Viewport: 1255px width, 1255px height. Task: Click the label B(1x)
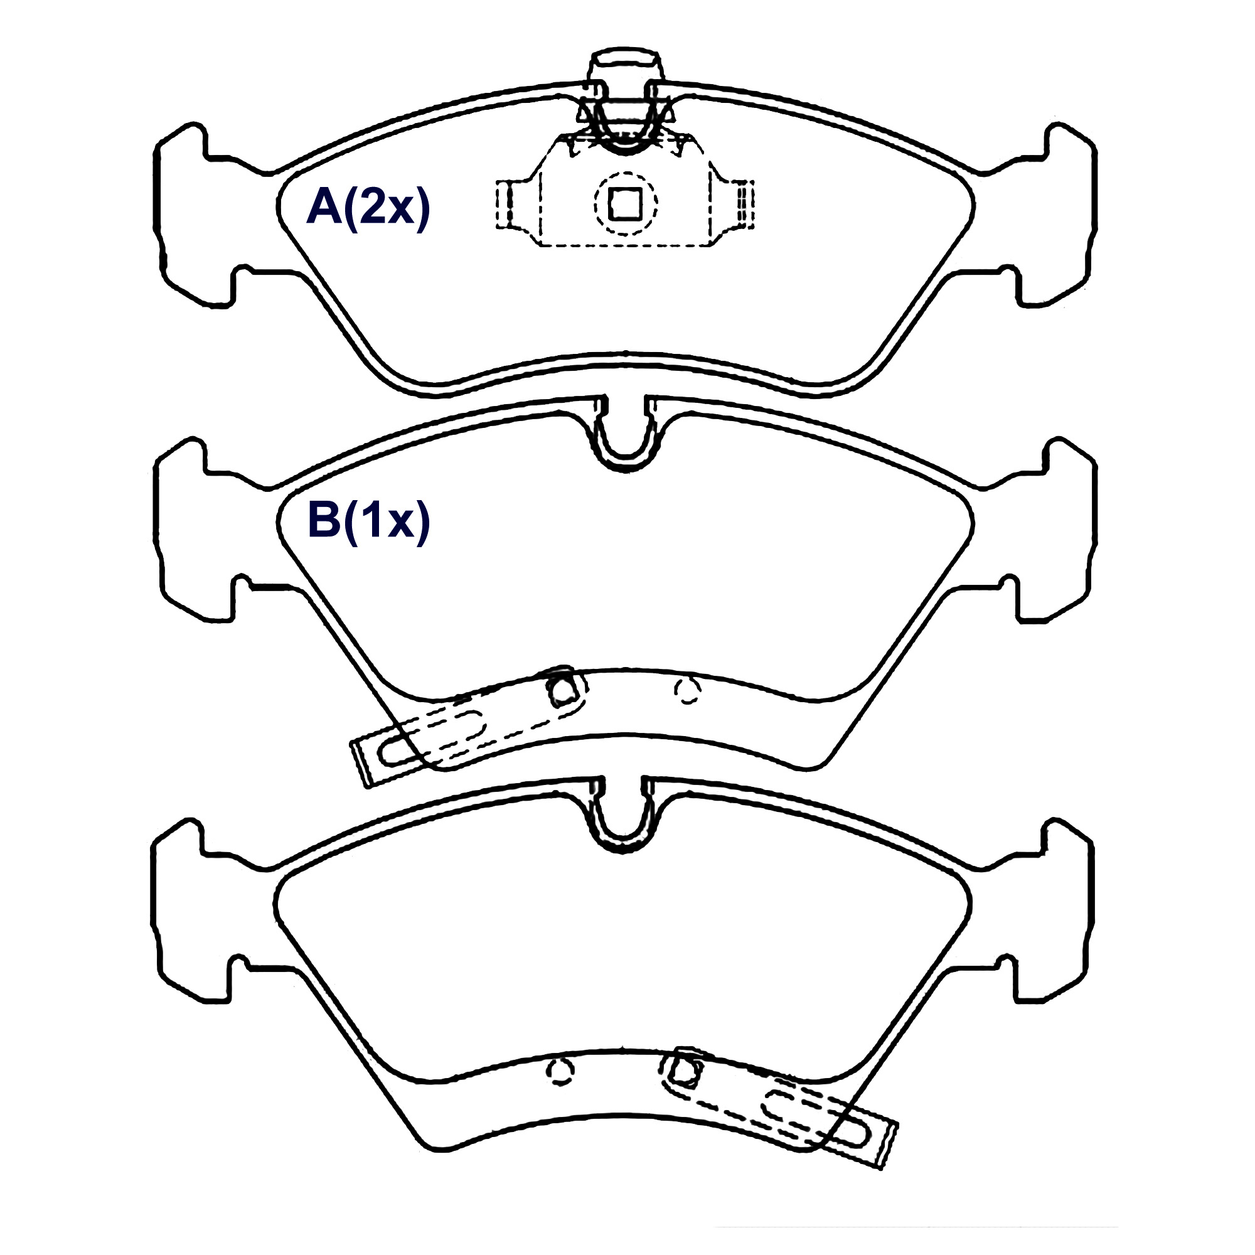tap(368, 520)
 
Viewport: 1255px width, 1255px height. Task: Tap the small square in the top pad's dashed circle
tap(625, 203)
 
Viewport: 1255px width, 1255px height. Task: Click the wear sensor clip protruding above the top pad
tap(625, 97)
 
